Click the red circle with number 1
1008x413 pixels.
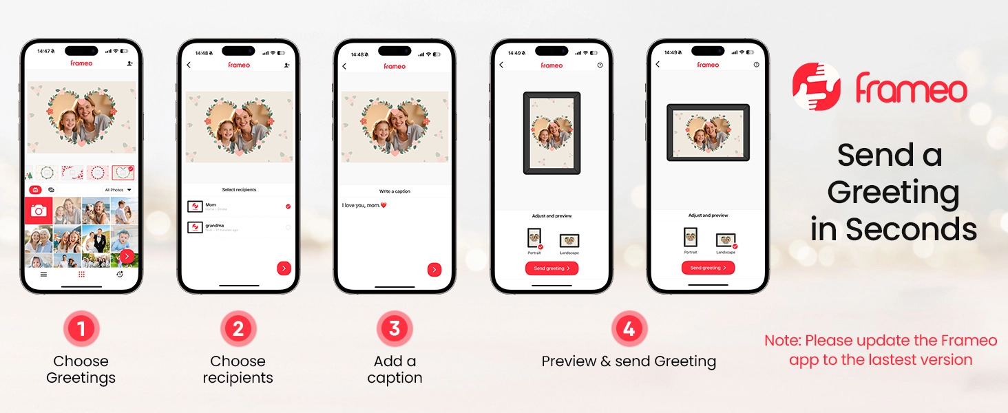81,329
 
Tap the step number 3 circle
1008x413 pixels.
395,329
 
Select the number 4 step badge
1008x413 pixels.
629,329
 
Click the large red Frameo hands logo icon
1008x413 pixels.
817,87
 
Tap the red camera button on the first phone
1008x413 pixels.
39,211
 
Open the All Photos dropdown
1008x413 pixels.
117,190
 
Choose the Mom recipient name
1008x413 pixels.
211,204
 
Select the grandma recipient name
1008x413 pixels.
214,225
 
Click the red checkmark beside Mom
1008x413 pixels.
288,206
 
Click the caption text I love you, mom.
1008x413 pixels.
364,205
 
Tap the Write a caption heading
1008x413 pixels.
395,191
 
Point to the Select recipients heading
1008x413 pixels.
239,189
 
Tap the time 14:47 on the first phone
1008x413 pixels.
45,51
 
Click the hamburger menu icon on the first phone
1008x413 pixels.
43,274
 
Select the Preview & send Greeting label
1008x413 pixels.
629,361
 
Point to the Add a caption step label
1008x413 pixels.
395,370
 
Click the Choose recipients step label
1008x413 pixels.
238,370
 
